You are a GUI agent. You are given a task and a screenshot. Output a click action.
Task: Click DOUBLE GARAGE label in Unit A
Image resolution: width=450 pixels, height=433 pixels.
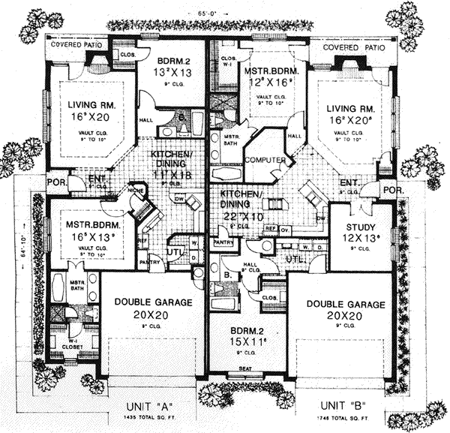tap(150, 302)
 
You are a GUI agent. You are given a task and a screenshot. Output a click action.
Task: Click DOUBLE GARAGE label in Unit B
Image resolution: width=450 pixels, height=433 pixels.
tap(345, 305)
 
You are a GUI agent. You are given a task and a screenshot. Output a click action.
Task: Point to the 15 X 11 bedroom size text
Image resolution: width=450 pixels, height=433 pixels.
tap(241, 337)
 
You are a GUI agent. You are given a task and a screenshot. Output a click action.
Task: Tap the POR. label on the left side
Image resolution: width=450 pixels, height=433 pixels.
tap(56, 182)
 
